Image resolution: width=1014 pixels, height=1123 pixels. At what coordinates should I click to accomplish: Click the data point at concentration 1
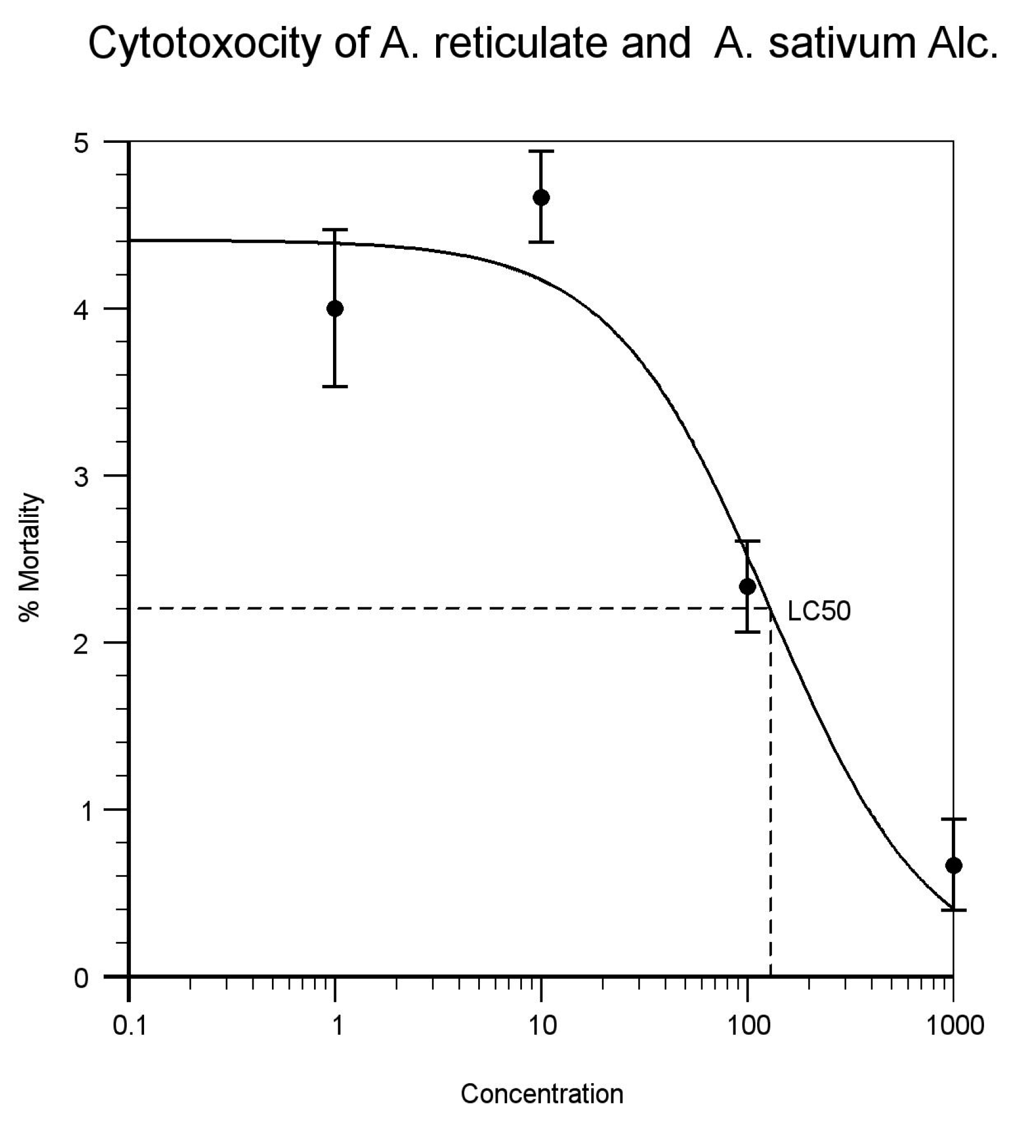pos(335,309)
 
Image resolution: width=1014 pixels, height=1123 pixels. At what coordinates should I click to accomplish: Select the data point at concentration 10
pos(541,198)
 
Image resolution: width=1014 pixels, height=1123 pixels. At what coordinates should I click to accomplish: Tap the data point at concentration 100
pos(747,587)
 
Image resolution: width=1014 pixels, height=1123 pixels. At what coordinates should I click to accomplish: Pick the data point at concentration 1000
pos(954,865)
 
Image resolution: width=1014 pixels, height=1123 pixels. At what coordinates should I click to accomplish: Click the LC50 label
pos(819,612)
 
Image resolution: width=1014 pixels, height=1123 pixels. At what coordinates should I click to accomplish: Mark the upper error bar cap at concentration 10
pos(541,151)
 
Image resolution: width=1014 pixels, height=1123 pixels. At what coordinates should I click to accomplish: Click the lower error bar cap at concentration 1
pos(335,386)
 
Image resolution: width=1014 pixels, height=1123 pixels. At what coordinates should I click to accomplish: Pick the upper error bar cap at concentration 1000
pos(954,819)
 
